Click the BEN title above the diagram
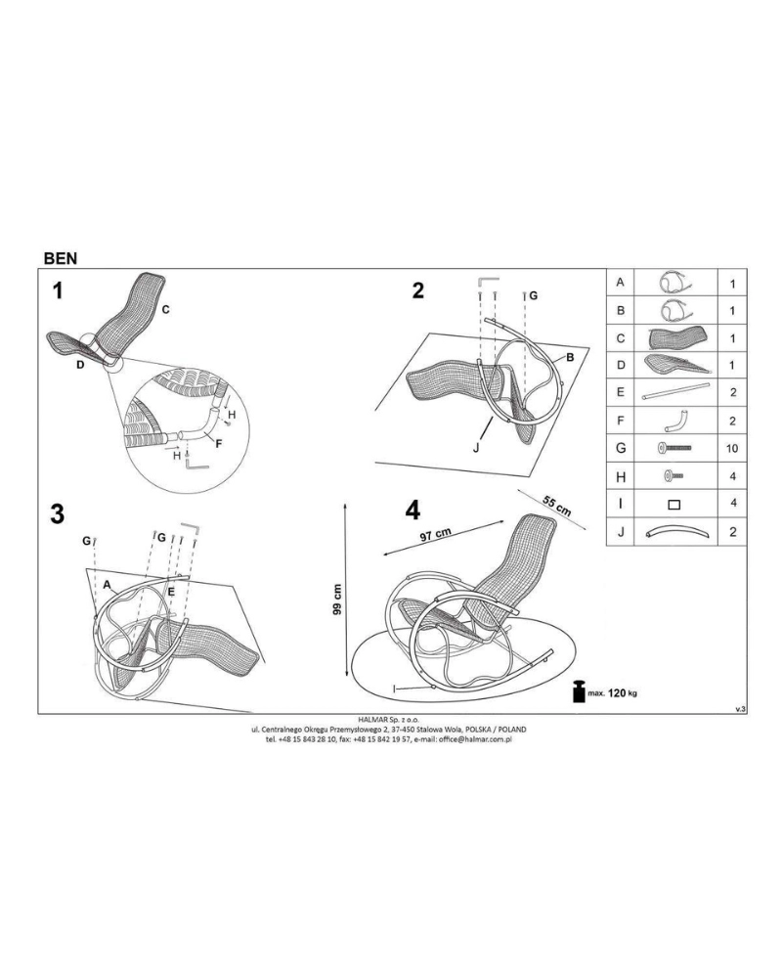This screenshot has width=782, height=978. [61, 258]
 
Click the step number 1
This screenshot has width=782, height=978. [58, 290]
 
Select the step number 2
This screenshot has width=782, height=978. [417, 290]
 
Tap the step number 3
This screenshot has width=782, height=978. [58, 514]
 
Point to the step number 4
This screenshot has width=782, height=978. [413, 511]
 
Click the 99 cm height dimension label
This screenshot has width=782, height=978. [337, 600]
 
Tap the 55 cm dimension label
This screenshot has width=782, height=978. [557, 506]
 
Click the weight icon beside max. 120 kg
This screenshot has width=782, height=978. [580, 692]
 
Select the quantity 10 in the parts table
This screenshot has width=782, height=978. [732, 449]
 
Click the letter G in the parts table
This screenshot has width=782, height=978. [621, 448]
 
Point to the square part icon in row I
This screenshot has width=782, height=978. [674, 505]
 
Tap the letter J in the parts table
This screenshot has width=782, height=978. [621, 532]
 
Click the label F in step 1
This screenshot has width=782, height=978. [218, 443]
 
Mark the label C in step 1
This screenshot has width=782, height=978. [165, 309]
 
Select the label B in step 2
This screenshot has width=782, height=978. [569, 358]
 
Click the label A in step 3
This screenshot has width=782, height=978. [107, 585]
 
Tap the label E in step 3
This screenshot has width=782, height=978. [171, 591]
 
